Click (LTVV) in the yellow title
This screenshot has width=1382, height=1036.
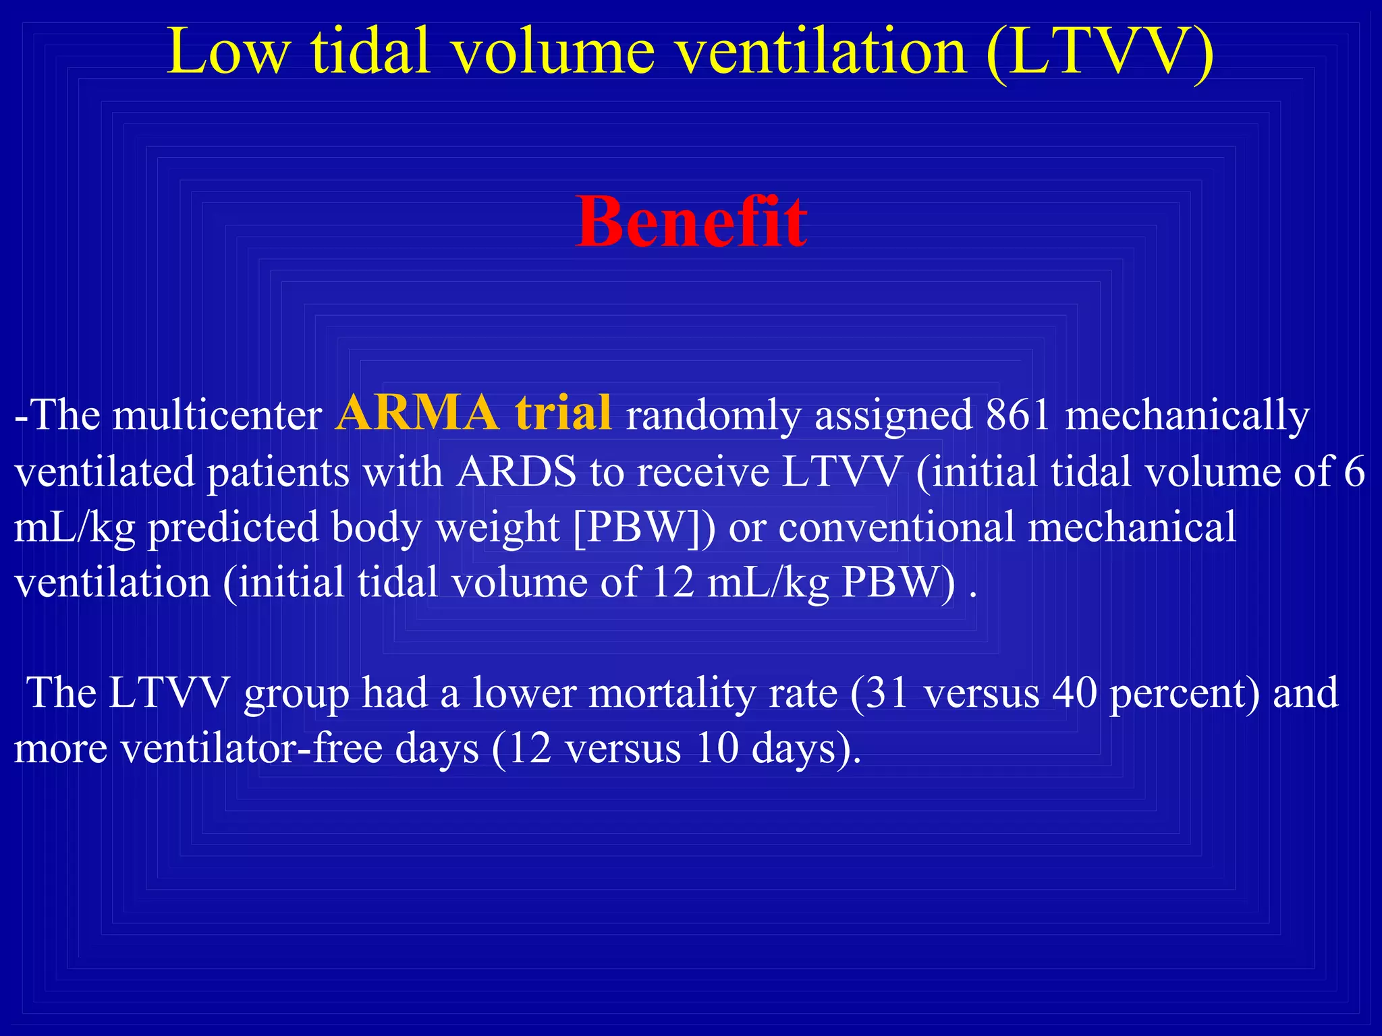[x=1099, y=53]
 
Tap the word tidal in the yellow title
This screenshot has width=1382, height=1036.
[x=370, y=53]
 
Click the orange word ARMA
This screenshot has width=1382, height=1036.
[x=417, y=413]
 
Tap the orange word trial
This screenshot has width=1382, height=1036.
[x=563, y=413]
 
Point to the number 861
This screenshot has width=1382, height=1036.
[x=1018, y=415]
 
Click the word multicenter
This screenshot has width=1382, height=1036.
[x=217, y=415]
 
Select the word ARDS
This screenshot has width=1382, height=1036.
[x=516, y=471]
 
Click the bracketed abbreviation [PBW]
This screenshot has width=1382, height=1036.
[x=644, y=527]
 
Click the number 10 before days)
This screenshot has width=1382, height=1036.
[x=717, y=749]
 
